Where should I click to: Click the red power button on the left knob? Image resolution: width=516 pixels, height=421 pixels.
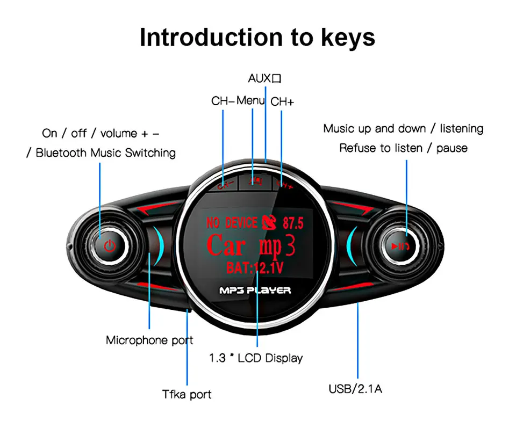tap(110, 246)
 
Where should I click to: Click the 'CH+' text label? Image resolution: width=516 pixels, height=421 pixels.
tap(282, 101)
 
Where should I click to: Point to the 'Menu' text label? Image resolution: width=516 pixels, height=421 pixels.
tap(251, 100)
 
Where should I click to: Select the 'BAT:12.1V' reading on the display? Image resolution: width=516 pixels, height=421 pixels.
tap(255, 267)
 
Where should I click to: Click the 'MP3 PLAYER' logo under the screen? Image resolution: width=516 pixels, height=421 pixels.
tap(255, 291)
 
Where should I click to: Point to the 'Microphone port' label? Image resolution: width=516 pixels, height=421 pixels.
tap(149, 340)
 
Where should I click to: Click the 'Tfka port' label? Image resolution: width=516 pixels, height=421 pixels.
tap(187, 395)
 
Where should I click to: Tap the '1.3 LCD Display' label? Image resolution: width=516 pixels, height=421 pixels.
tap(256, 358)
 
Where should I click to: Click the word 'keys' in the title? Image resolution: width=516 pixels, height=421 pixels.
tap(346, 38)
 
